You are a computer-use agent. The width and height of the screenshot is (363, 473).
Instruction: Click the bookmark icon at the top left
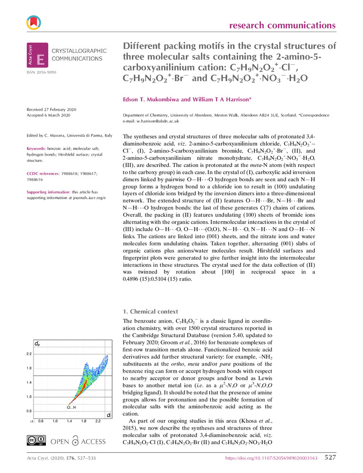point(34,21)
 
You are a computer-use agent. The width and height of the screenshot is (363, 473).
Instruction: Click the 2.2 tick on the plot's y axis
point(29,353)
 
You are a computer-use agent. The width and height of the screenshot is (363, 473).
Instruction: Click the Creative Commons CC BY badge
point(36,441)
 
